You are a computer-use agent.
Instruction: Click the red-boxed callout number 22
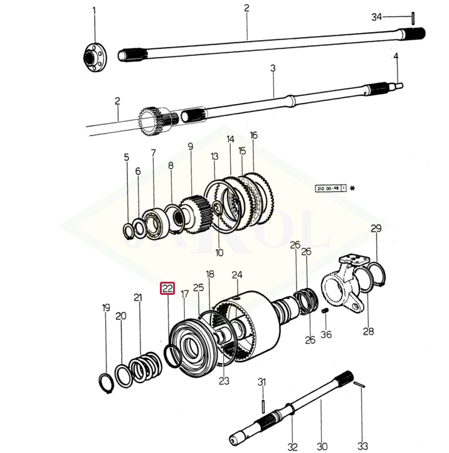click(167, 289)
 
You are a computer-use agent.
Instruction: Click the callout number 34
click(376, 17)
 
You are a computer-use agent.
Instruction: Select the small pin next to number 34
click(414, 17)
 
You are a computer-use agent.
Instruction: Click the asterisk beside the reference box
click(352, 188)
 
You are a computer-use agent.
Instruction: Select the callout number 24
click(236, 275)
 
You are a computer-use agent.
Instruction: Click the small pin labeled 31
click(263, 398)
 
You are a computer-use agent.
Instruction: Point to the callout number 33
click(362, 446)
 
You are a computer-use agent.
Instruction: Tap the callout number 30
click(322, 446)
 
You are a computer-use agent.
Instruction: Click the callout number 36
click(326, 334)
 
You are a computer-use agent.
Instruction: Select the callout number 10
click(219, 253)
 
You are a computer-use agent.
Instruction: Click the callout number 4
click(396, 57)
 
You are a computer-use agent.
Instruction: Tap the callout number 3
click(273, 67)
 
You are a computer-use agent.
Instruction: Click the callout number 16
click(253, 135)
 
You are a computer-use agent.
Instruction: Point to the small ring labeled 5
click(129, 231)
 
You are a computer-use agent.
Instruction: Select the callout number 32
click(292, 446)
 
